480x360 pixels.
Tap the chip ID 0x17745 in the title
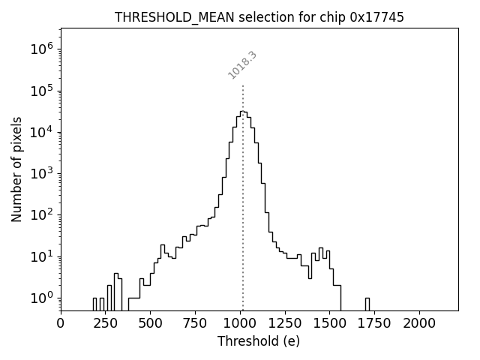point(376,17)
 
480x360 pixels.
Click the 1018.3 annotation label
point(242,65)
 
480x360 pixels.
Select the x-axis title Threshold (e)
point(259,341)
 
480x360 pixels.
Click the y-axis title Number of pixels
point(16,169)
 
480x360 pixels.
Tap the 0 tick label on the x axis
point(61,323)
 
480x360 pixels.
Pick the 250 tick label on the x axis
point(106,323)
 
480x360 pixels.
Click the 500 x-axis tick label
point(151,323)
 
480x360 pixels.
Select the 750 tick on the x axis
point(195,323)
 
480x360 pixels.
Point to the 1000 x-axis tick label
point(240,323)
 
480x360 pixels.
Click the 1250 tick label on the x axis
point(285,323)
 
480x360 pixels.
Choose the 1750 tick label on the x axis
point(374,323)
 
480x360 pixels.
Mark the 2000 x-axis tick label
point(419,323)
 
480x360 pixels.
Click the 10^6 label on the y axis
point(41,49)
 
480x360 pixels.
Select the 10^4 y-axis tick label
point(41,133)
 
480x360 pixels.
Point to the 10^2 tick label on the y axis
point(41,215)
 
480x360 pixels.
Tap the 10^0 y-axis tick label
point(41,298)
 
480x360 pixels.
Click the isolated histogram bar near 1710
point(367,304)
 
